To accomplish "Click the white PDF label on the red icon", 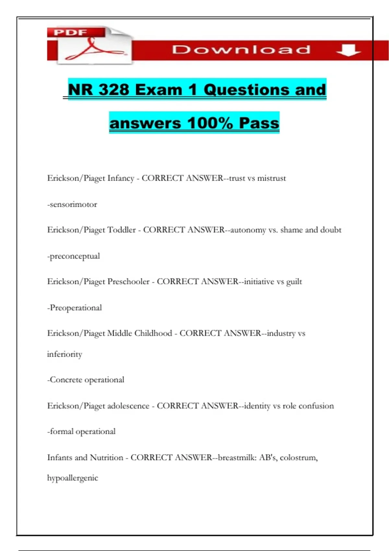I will (x=70, y=32).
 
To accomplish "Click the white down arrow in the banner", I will (x=348, y=50).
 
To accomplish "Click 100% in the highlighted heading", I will (x=210, y=123).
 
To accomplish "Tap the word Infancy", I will (x=121, y=178).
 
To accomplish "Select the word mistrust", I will (x=271, y=178).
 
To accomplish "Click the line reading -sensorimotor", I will (x=72, y=205).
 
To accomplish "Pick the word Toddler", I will (x=121, y=230).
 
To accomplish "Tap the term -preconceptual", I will (x=74, y=256).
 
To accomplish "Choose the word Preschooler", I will (x=128, y=281).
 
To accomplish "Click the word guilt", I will (x=294, y=282).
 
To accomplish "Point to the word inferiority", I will (x=65, y=354).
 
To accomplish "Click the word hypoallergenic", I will (x=73, y=478).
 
